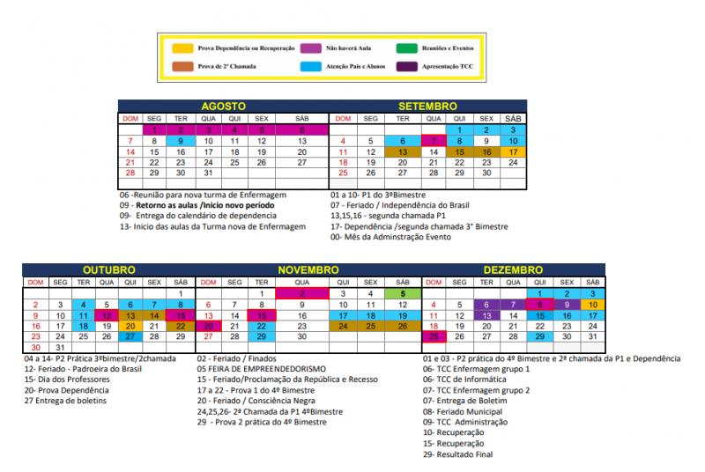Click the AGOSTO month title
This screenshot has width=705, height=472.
223,106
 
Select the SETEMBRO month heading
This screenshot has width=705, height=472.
427,106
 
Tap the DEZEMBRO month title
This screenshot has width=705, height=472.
513,269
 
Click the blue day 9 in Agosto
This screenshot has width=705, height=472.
181,140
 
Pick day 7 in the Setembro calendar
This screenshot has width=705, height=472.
431,140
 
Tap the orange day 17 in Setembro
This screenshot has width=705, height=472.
513,151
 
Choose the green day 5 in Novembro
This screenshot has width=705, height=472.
402,293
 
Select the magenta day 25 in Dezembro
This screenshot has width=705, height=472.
434,336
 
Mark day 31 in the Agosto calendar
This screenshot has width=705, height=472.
208,173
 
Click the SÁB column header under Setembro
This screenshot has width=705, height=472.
513,118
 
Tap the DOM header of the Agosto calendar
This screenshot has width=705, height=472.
130,118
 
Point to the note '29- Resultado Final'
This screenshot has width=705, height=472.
458,454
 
